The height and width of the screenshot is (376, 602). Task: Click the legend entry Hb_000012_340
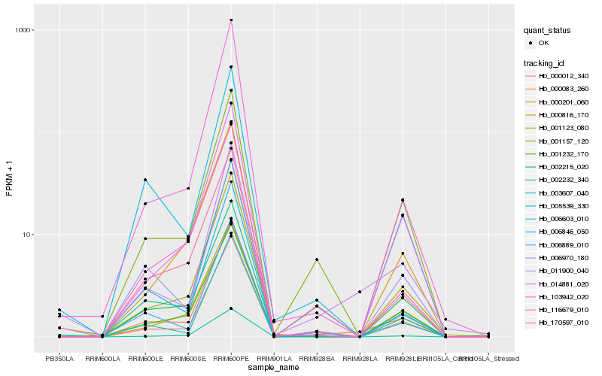click(x=558, y=76)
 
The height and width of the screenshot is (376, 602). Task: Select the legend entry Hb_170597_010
click(x=558, y=323)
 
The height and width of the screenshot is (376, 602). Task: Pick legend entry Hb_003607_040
click(x=558, y=193)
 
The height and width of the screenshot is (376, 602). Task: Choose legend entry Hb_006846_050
click(x=558, y=232)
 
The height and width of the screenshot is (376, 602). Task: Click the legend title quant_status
click(x=548, y=30)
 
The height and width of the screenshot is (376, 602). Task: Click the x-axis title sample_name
click(x=274, y=368)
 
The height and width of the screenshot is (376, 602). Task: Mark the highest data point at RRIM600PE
click(x=231, y=20)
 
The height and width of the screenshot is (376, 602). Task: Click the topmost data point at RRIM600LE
click(x=145, y=180)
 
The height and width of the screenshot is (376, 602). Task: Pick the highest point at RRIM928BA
click(x=317, y=259)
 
